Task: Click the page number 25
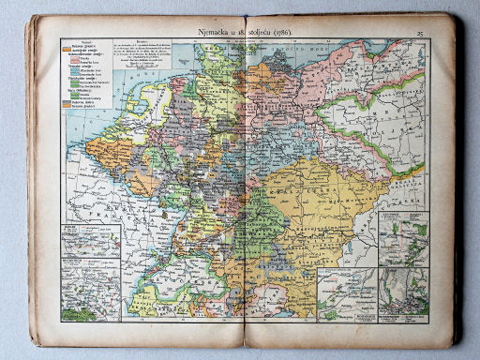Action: [421, 34]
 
